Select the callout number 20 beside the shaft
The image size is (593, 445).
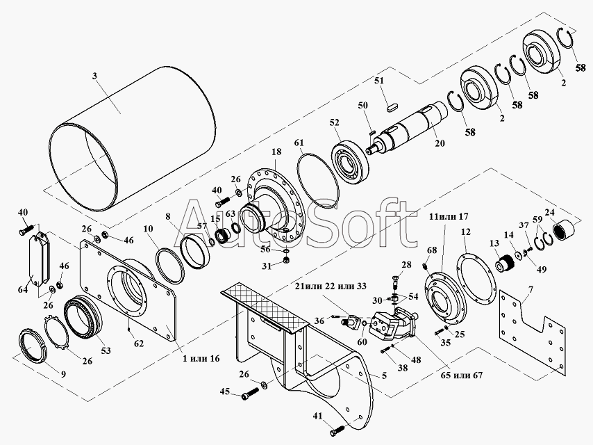click(440, 143)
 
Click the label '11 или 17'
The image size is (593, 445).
click(449, 217)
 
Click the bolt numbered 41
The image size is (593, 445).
click(337, 430)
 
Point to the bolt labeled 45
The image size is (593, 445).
click(249, 393)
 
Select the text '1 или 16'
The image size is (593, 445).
click(201, 358)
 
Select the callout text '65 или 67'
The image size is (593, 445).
click(462, 375)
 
